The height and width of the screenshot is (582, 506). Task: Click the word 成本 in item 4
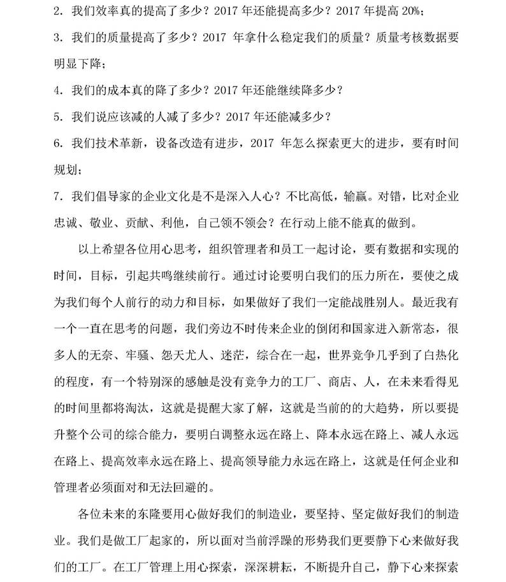(x=124, y=90)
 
